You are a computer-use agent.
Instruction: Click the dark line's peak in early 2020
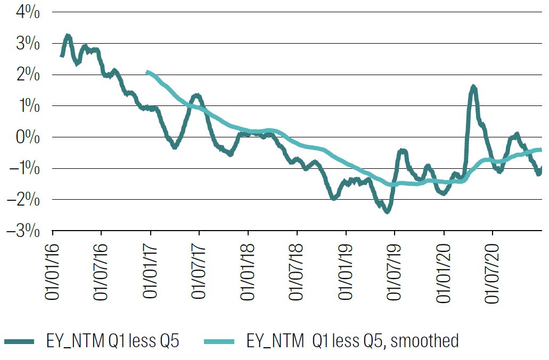coord(473,87)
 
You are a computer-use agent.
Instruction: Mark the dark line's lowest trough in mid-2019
coord(387,211)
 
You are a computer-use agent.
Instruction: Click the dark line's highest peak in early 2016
coord(67,36)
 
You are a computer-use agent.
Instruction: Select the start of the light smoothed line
coord(147,72)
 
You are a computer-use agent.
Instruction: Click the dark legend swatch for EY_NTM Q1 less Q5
coord(19,341)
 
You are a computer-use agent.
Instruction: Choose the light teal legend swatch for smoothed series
coord(219,341)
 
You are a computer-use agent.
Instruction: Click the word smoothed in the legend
coord(424,341)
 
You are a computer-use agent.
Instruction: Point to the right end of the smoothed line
coord(541,150)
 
